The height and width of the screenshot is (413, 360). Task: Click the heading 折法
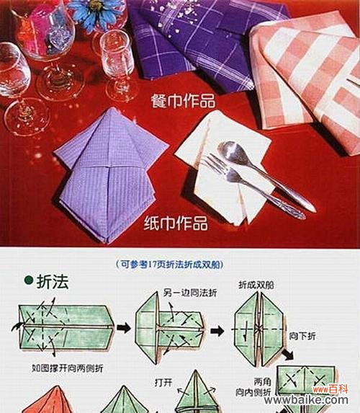(52, 282)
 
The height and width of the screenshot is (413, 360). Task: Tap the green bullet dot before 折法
(28, 280)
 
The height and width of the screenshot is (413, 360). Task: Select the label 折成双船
(257, 285)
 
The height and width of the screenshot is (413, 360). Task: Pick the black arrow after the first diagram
(124, 329)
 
